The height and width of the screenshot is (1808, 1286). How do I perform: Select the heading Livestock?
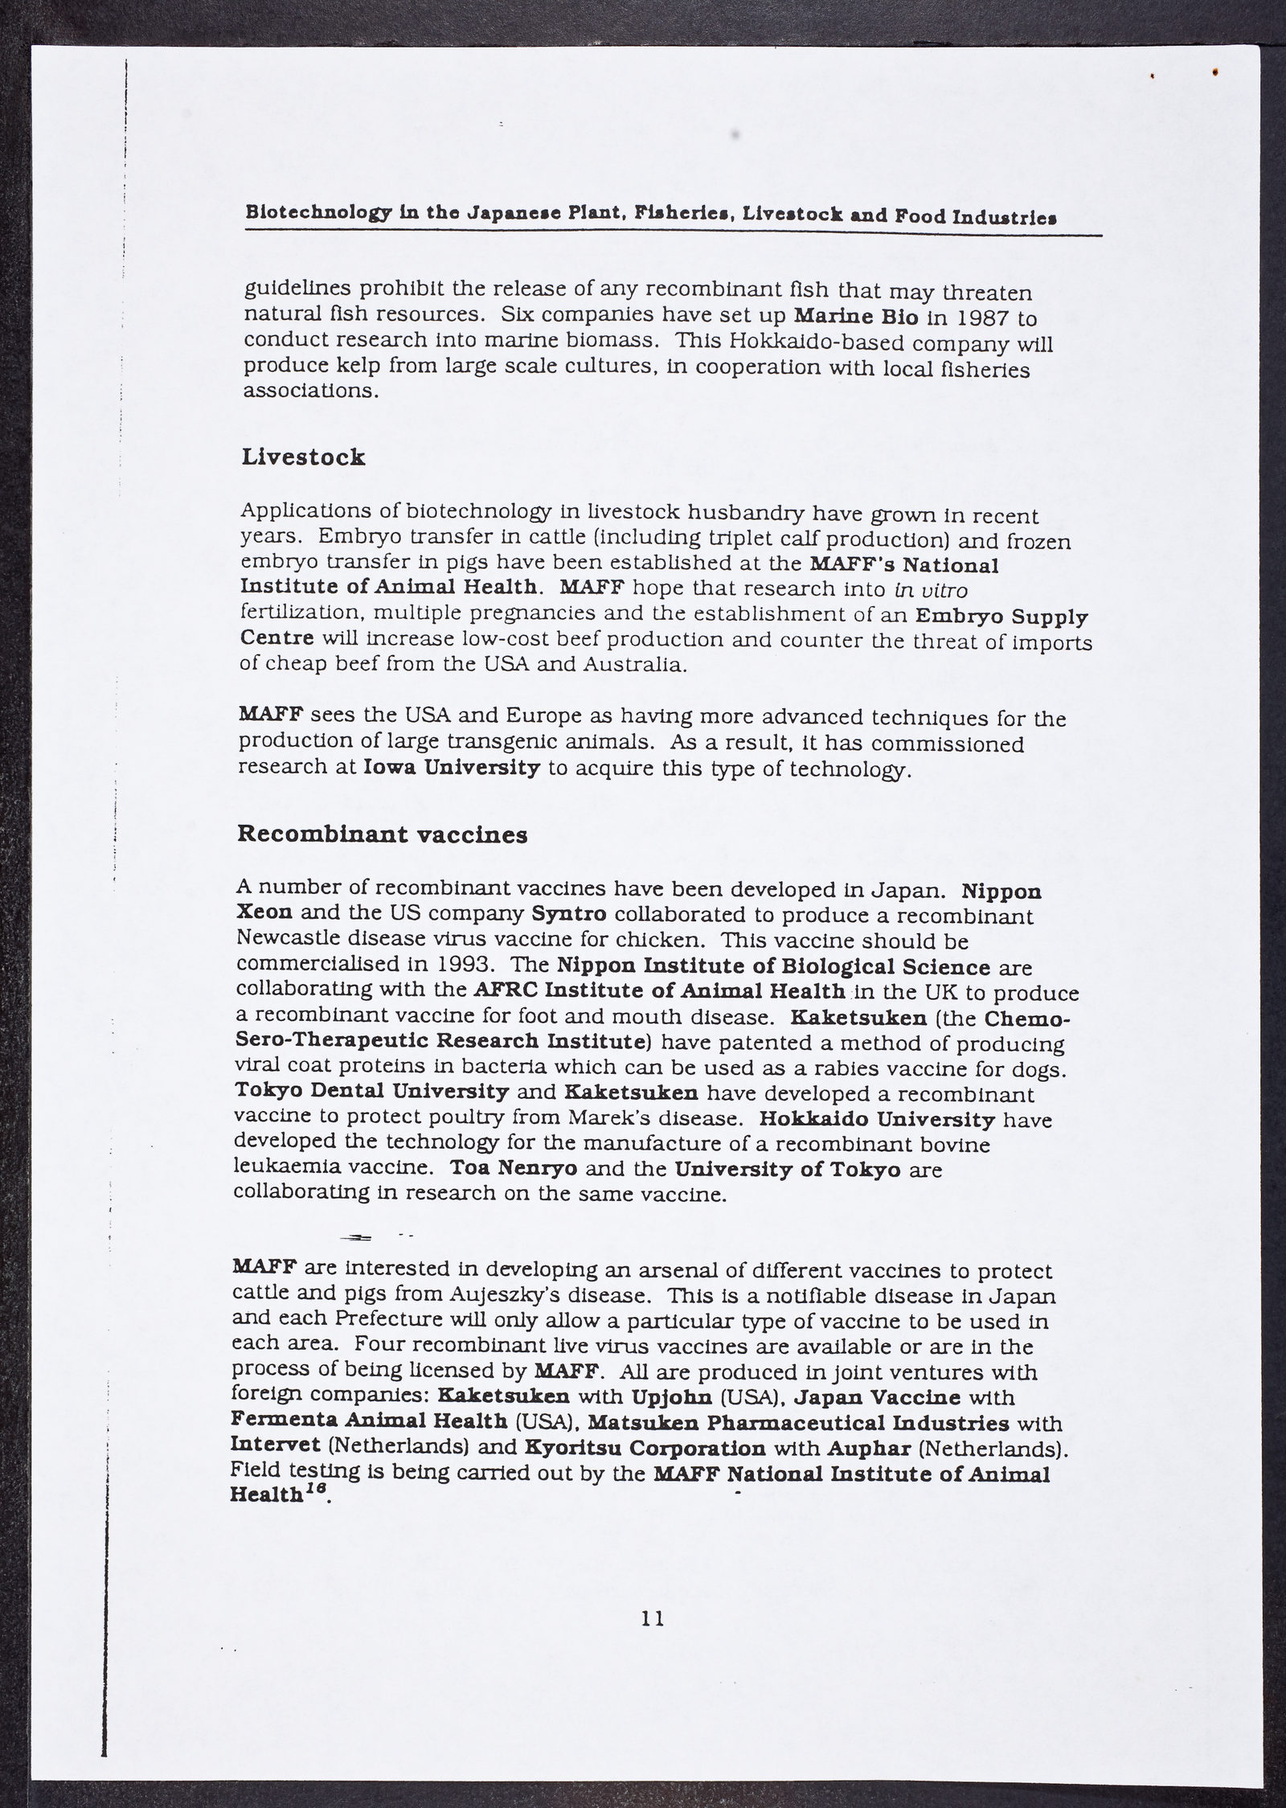(x=303, y=457)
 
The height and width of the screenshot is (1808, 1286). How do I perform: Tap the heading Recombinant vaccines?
(x=382, y=834)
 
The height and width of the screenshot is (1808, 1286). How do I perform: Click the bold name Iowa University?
(x=452, y=767)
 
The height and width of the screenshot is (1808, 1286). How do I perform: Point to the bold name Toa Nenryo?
(x=513, y=1168)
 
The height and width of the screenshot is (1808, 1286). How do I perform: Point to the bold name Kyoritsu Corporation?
(x=645, y=1448)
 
